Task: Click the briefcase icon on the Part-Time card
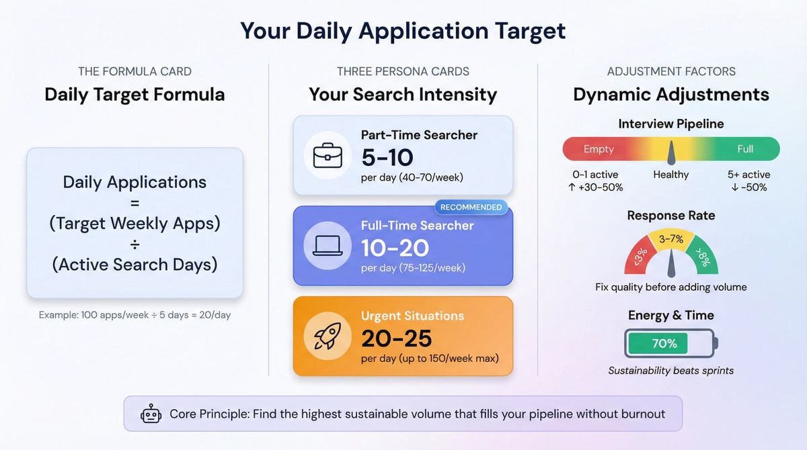coord(328,154)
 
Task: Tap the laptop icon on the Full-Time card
coord(328,245)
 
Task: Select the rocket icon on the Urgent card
coord(328,336)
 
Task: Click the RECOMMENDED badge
coord(471,207)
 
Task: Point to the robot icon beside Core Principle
coord(151,414)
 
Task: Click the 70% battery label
coord(664,343)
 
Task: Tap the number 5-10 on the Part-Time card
coord(387,157)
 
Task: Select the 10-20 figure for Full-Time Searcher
coord(395,248)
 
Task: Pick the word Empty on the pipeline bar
coord(599,148)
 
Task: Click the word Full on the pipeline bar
coord(745,148)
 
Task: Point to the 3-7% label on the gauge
coord(671,238)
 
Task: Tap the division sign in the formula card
coord(134,244)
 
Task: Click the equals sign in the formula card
coord(134,202)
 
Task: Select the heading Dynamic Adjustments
coord(671,94)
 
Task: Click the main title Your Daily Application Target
coord(403,31)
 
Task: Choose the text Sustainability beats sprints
coord(670,371)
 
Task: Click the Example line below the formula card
coord(134,314)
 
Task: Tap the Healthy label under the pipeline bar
coord(670,175)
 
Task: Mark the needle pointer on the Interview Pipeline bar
coord(670,153)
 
